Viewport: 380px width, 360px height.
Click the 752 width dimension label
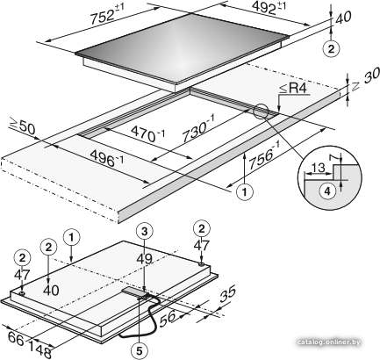(107, 13)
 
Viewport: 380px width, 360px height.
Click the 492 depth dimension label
(269, 7)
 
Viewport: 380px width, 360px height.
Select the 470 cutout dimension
(148, 133)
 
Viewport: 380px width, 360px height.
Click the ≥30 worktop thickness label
(365, 80)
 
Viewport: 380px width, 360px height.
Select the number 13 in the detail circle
(318, 168)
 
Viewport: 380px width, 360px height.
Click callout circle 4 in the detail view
(327, 191)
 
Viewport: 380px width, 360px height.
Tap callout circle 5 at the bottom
(140, 350)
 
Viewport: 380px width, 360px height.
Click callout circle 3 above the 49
(145, 231)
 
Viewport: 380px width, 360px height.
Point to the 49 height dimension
(145, 259)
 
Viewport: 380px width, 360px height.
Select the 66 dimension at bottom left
(15, 339)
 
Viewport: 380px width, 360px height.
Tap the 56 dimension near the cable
(168, 318)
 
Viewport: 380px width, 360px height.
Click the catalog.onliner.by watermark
(328, 342)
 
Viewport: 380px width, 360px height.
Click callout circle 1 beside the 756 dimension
(245, 191)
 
